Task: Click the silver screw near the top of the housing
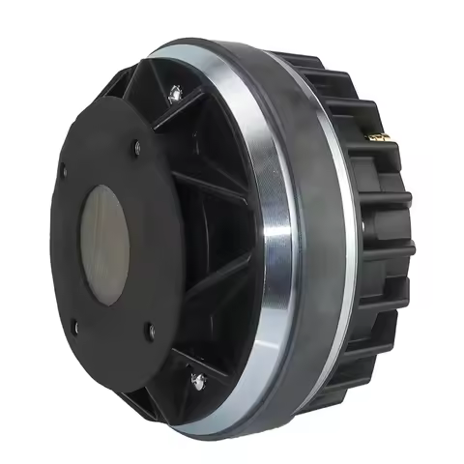[x=175, y=93]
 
